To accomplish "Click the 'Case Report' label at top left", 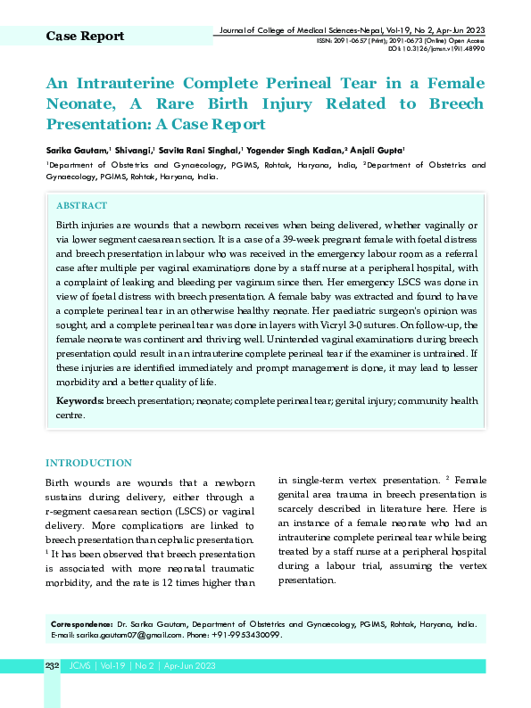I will pyautogui.click(x=85, y=37).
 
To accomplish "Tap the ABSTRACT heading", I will pyautogui.click(x=81, y=206).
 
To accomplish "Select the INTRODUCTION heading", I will pyautogui.click(x=88, y=464).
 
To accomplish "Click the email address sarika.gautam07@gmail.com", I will pyautogui.click(x=117, y=635).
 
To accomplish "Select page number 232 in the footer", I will pyautogui.click(x=52, y=666).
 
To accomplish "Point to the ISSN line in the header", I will pyautogui.click(x=401, y=41).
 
